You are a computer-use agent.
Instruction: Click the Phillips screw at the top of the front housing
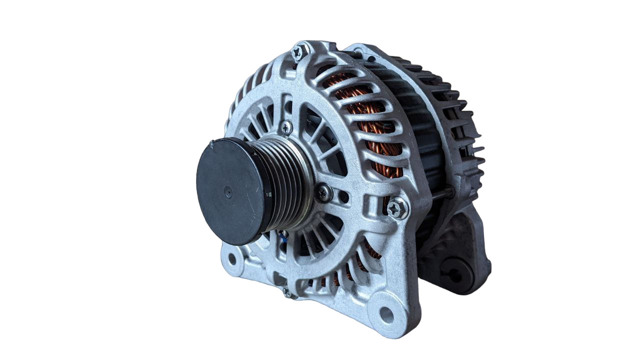coord(298,52)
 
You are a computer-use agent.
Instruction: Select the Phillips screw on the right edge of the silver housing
coord(397,208)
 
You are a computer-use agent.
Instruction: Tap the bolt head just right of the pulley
coord(323,191)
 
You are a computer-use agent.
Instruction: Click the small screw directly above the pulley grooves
coord(286,128)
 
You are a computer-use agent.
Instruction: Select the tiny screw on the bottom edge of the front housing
coord(289,292)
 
